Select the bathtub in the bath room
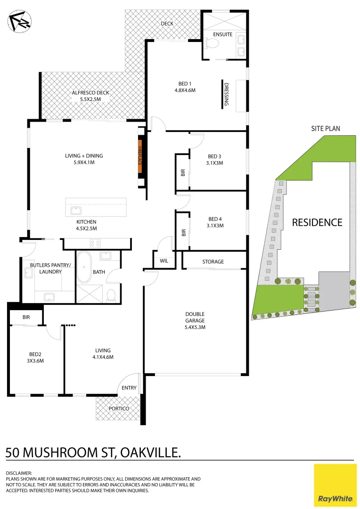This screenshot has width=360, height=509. pyautogui.click(x=86, y=267)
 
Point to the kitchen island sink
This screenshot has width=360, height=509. pyautogui.click(x=76, y=210)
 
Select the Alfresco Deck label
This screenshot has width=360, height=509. pyautogui.click(x=90, y=93)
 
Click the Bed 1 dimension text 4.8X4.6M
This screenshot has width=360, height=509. pyautogui.click(x=185, y=90)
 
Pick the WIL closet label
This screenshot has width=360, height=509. pyautogui.click(x=164, y=261)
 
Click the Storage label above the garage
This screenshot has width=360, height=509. pyautogui.click(x=213, y=262)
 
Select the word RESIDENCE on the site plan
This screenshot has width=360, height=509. pyautogui.click(x=317, y=222)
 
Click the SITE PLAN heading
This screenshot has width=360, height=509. pyautogui.click(x=325, y=128)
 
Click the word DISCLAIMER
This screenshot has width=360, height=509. pyautogui.click(x=19, y=473)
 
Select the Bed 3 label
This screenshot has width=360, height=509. pyautogui.click(x=215, y=156)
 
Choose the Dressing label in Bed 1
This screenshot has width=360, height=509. pyautogui.click(x=227, y=94)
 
